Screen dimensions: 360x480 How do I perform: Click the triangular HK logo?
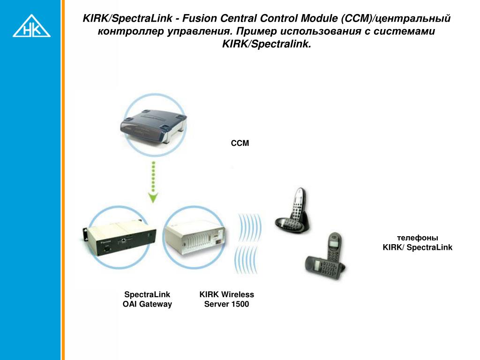(x=31, y=27)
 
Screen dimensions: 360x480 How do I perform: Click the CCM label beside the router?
(x=240, y=143)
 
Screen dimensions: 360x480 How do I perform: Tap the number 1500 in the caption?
(x=240, y=304)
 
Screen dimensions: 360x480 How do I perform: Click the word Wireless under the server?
(x=237, y=294)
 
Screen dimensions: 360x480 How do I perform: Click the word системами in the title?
(x=408, y=31)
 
